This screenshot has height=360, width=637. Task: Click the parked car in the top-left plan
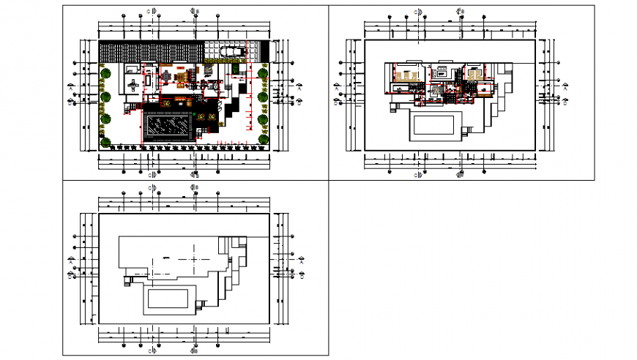point(232,51)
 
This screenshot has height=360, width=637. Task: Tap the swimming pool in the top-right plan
point(437,124)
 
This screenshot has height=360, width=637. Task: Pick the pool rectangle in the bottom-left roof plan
point(170,299)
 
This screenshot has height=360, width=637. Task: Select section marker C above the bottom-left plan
point(151,189)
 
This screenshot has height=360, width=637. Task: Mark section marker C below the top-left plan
point(151,175)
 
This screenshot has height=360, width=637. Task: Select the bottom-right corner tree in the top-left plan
point(264,138)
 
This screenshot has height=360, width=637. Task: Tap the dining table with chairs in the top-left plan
point(167,75)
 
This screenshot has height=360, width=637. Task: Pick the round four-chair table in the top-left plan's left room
point(134,85)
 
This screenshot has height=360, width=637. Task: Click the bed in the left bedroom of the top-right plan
point(403,74)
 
